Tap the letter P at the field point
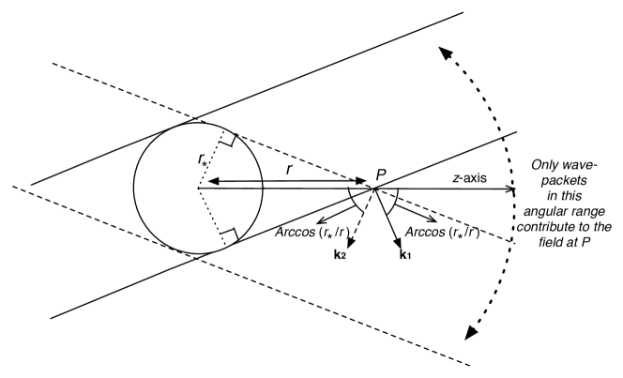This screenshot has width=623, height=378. click(381, 174)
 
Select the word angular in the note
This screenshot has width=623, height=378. click(552, 212)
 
